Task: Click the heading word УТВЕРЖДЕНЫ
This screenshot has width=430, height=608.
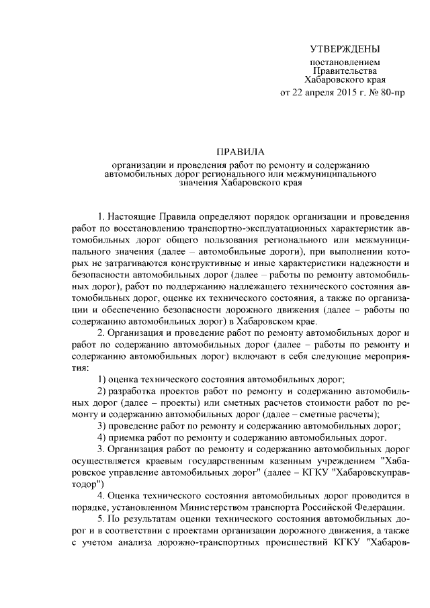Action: coord(344,49)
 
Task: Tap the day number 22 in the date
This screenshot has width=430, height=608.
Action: coord(298,93)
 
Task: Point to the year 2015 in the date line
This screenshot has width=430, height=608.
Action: coord(345,93)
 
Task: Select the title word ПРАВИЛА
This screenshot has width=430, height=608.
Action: coord(240,153)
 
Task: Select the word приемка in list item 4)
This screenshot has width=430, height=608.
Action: coord(128,437)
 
